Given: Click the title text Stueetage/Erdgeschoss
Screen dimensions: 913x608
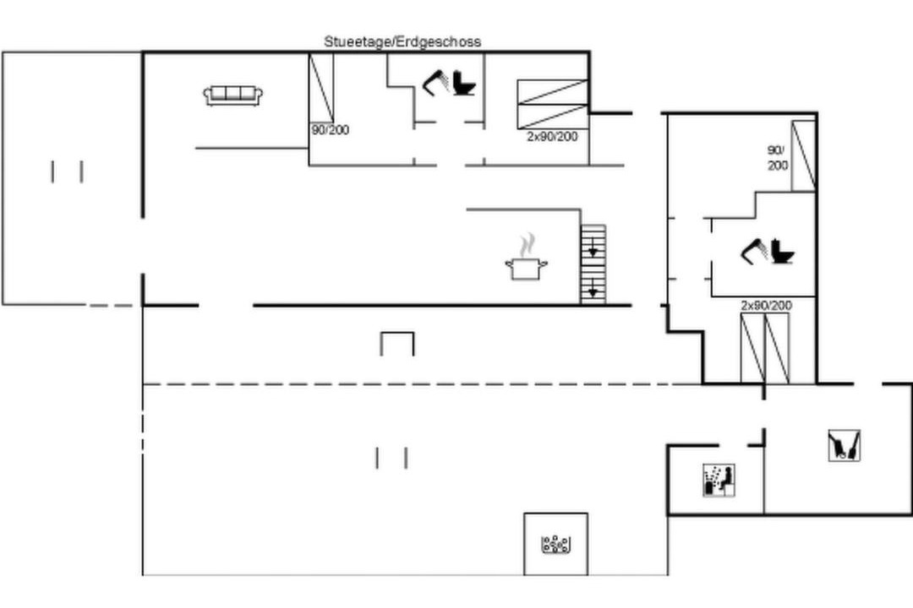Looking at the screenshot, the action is click(402, 42).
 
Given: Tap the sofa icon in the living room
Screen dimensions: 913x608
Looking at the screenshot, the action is click(233, 95).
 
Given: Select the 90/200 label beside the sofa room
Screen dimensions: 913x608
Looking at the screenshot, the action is click(331, 130).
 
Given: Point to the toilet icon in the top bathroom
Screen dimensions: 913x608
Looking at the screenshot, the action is click(465, 83).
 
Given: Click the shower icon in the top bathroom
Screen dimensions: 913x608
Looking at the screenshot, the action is click(435, 81).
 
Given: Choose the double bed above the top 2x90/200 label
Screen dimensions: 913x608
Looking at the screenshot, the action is click(553, 104).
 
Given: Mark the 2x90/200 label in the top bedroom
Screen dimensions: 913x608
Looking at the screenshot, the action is click(553, 137).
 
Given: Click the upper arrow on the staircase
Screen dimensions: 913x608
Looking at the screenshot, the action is click(593, 251).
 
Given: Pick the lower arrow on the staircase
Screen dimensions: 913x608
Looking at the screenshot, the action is click(593, 289).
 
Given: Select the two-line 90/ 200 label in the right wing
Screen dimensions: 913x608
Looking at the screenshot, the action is click(778, 158).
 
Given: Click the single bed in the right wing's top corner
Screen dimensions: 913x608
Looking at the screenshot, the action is click(803, 156).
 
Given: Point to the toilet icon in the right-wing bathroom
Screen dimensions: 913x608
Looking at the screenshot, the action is click(783, 252).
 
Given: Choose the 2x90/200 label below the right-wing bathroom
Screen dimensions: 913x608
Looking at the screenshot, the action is click(766, 306).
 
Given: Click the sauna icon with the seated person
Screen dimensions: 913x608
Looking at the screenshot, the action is click(719, 480).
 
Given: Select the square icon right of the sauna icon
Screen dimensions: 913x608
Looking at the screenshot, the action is click(845, 446).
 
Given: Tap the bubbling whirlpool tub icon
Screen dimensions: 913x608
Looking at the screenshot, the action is click(555, 544).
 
